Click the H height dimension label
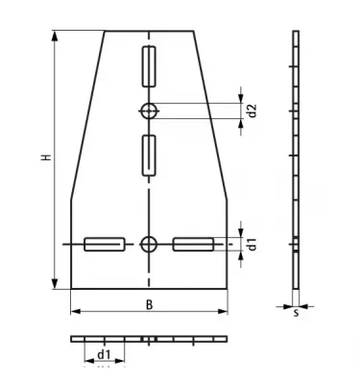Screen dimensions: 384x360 pos(44,158)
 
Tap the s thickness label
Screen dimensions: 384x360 pos(297,312)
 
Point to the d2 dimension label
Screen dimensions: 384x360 pos(252,110)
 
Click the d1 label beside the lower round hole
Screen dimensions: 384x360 pos(252,244)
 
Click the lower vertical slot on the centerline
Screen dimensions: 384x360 pos(148,156)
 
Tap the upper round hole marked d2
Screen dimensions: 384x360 pos(148,110)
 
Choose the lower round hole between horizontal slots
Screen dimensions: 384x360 pos(148,244)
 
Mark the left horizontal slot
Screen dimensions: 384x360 pos(103,244)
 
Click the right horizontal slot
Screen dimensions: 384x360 pos(192,244)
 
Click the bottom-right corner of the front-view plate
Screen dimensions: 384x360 pos(227,288)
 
